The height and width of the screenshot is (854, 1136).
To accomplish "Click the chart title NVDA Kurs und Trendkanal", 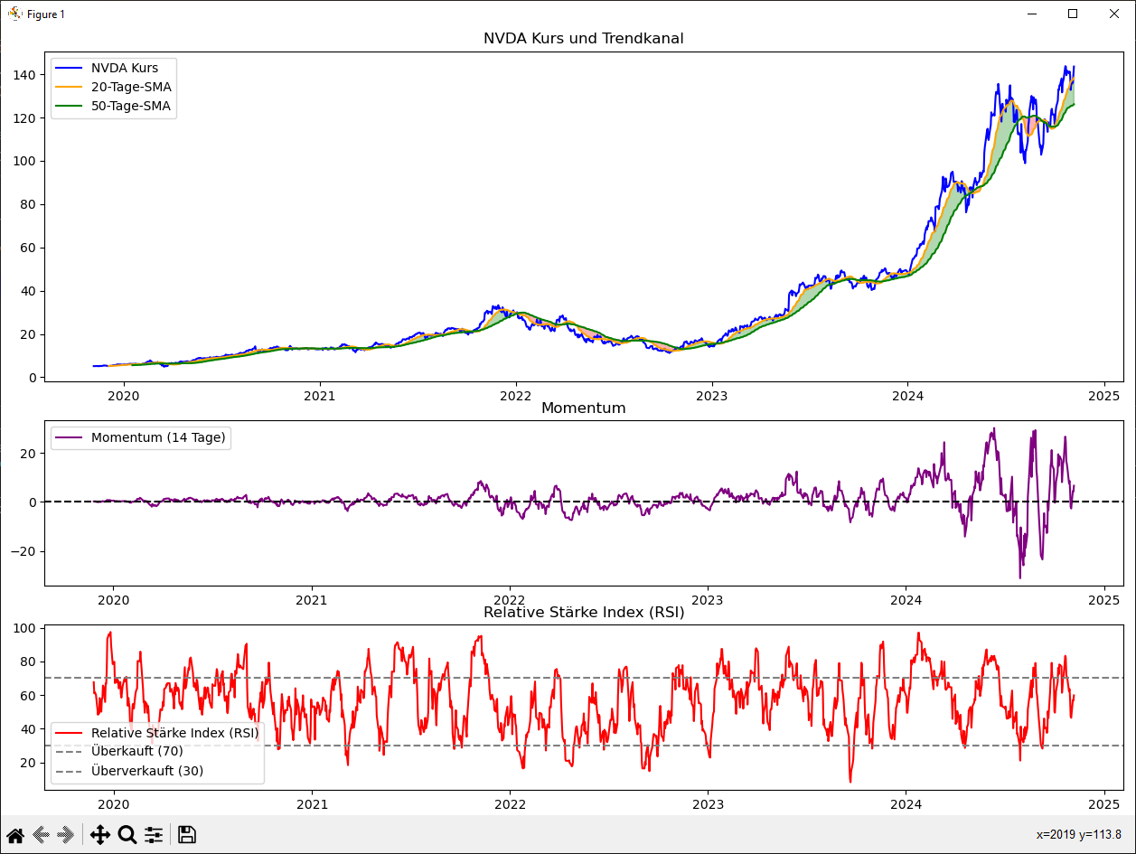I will [583, 39].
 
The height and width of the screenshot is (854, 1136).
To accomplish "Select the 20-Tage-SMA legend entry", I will [131, 87].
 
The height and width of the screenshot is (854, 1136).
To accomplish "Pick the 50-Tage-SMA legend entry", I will [131, 106].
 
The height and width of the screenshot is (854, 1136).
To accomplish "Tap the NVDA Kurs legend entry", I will [125, 68].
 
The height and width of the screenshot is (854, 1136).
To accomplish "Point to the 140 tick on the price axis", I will [25, 75].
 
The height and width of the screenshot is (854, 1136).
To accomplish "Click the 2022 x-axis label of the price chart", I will [515, 395].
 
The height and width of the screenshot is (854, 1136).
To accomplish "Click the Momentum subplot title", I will [583, 408].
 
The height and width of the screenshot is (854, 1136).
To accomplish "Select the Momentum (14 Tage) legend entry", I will [158, 438].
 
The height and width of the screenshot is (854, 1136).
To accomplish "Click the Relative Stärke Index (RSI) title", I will [583, 613].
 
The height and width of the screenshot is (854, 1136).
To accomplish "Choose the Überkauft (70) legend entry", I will [136, 751].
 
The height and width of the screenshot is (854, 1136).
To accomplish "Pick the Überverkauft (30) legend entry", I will [146, 771].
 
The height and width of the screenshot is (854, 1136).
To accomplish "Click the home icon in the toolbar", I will [15, 835].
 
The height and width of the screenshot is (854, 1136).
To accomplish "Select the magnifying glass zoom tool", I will [127, 835].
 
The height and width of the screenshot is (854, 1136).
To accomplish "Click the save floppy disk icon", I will [187, 835].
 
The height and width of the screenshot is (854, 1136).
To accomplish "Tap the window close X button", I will [1114, 14].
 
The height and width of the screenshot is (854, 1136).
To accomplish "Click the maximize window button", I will [1073, 14].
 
